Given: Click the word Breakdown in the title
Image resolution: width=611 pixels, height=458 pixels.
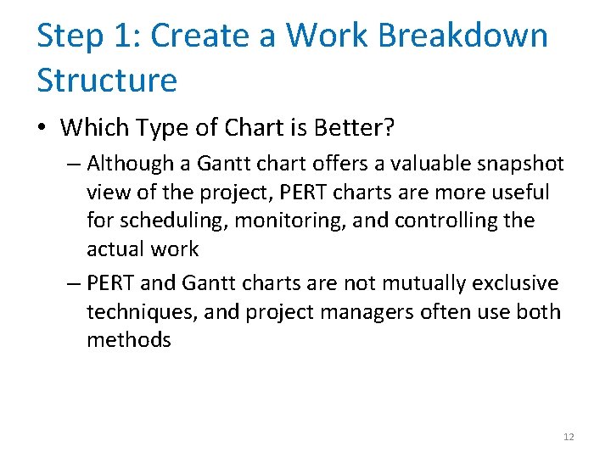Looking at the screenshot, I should (x=462, y=36).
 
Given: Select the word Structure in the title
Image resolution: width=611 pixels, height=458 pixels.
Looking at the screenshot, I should (x=107, y=81).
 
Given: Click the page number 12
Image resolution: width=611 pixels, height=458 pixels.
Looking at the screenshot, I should (x=569, y=437).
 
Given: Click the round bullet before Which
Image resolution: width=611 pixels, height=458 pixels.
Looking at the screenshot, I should (x=43, y=128).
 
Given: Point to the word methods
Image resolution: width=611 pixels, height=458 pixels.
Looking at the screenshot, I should (x=129, y=340).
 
